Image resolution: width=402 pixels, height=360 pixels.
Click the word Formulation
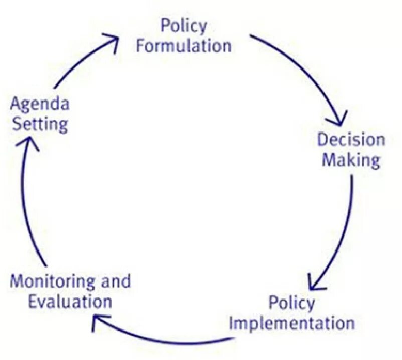coord(184,46)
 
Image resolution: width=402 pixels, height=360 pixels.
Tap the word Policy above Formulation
coord(183,26)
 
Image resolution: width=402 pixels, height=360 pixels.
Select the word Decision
coord(351,140)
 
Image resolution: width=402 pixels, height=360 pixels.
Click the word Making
coord(351,160)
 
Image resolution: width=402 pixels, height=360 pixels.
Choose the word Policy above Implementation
coord(291,303)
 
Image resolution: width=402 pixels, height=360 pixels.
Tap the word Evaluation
coord(70,302)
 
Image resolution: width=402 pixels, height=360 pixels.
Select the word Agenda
coord(40,105)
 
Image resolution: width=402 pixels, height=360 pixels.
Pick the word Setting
coord(40,124)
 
